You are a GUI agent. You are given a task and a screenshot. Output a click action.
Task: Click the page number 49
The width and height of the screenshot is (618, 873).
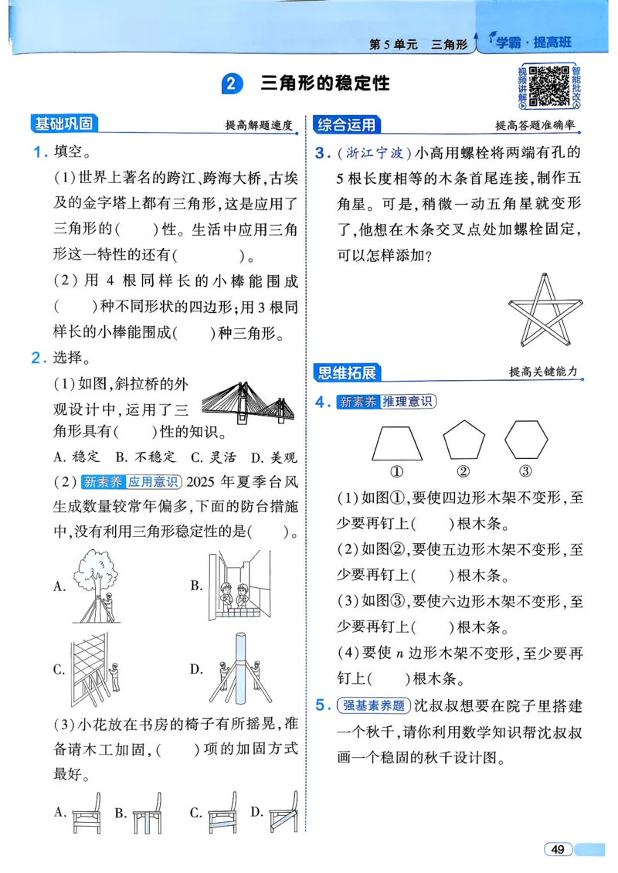[x=558, y=849]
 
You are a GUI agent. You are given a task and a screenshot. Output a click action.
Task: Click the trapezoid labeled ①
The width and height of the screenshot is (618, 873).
[x=397, y=443]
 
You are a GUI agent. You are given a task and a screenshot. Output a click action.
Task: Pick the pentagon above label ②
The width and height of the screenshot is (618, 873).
[x=463, y=441]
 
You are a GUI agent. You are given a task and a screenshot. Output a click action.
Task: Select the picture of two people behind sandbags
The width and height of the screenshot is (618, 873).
[x=240, y=586]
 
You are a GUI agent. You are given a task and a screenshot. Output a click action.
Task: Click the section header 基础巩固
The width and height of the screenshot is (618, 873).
[x=63, y=124]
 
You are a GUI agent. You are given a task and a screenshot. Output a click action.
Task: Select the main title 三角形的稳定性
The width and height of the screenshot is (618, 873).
[x=325, y=83]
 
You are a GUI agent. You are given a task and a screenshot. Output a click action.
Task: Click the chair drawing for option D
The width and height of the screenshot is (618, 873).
[x=282, y=812]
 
